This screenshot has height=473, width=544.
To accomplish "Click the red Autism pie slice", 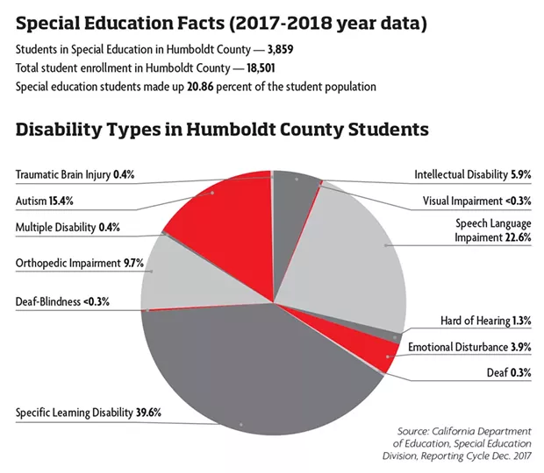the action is click(x=229, y=222).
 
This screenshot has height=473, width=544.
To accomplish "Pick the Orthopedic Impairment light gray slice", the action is click(x=194, y=277).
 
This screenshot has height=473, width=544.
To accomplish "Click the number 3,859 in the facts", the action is click(x=280, y=50).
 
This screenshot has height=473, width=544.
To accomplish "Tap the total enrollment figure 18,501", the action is click(x=261, y=67).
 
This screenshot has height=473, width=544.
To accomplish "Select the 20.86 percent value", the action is click(x=200, y=86).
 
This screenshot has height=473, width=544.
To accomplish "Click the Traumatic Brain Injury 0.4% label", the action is click(x=75, y=174).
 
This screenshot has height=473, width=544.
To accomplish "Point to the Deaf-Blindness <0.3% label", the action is click(x=62, y=301).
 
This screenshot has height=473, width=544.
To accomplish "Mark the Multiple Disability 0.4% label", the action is click(x=68, y=228).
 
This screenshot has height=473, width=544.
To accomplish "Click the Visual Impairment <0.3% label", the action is click(x=476, y=201).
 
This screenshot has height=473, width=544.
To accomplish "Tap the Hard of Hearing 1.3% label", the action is click(x=486, y=321).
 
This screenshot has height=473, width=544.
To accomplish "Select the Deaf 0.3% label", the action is click(x=509, y=372).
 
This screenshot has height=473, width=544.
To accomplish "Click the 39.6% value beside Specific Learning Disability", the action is click(x=148, y=413).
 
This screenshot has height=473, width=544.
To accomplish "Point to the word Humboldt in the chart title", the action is click(x=231, y=129).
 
